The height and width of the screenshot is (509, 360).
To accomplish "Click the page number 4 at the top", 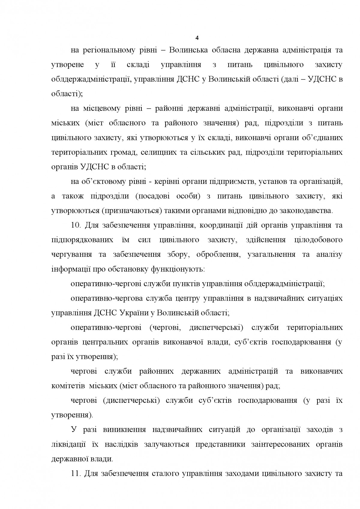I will point(197,38).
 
